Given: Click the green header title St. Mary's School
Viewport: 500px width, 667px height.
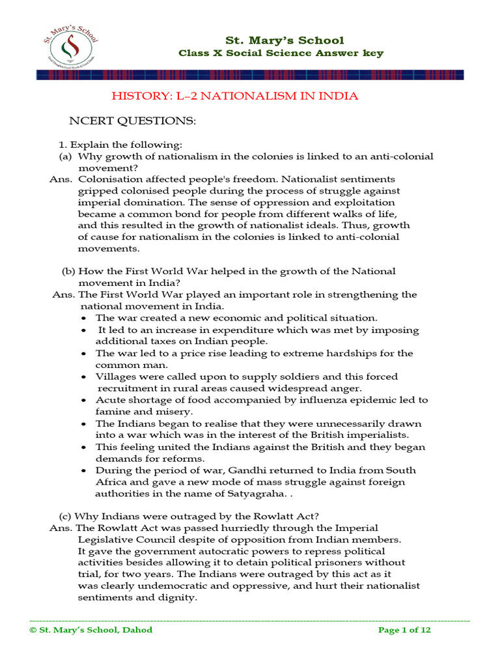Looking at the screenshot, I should pos(285,40).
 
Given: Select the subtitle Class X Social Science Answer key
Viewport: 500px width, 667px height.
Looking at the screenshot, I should pos(281,53).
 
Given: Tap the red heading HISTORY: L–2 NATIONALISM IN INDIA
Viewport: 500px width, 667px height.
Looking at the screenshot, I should pos(235,96).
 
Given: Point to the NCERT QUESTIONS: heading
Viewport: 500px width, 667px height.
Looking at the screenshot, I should pos(133,121).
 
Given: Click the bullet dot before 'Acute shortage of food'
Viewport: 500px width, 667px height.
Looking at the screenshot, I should pos(87,401).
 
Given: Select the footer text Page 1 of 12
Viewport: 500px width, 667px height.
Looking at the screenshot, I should pos(404,630).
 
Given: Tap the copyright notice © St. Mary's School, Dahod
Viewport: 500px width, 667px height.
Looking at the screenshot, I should pos(90,630).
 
